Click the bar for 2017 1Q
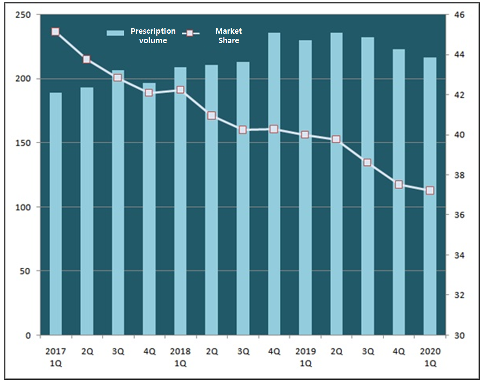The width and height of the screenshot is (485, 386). [56, 214]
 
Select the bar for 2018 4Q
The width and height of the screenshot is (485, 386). [274, 184]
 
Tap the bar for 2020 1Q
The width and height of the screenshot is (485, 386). [430, 196]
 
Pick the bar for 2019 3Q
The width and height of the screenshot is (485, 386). [367, 186]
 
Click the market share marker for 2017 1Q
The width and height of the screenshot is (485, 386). [56, 31]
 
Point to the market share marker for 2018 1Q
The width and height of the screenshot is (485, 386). [180, 90]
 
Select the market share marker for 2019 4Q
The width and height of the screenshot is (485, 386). [399, 184]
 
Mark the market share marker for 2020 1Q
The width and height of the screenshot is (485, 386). [430, 190]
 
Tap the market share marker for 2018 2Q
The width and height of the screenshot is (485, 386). [211, 115]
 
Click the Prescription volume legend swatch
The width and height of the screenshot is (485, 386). [115, 33]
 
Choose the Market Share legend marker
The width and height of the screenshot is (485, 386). [190, 33]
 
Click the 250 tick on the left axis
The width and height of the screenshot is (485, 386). [23, 15]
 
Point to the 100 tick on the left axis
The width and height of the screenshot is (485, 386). [23, 207]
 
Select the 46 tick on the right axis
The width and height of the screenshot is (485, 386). [459, 15]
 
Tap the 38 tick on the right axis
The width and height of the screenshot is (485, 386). [459, 175]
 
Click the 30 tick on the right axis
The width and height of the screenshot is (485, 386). [459, 335]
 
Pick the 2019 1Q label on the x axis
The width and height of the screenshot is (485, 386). [305, 357]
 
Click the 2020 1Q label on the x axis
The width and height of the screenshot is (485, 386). [430, 357]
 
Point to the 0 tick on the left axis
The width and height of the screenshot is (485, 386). [28, 335]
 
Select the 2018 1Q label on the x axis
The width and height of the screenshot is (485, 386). [180, 357]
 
